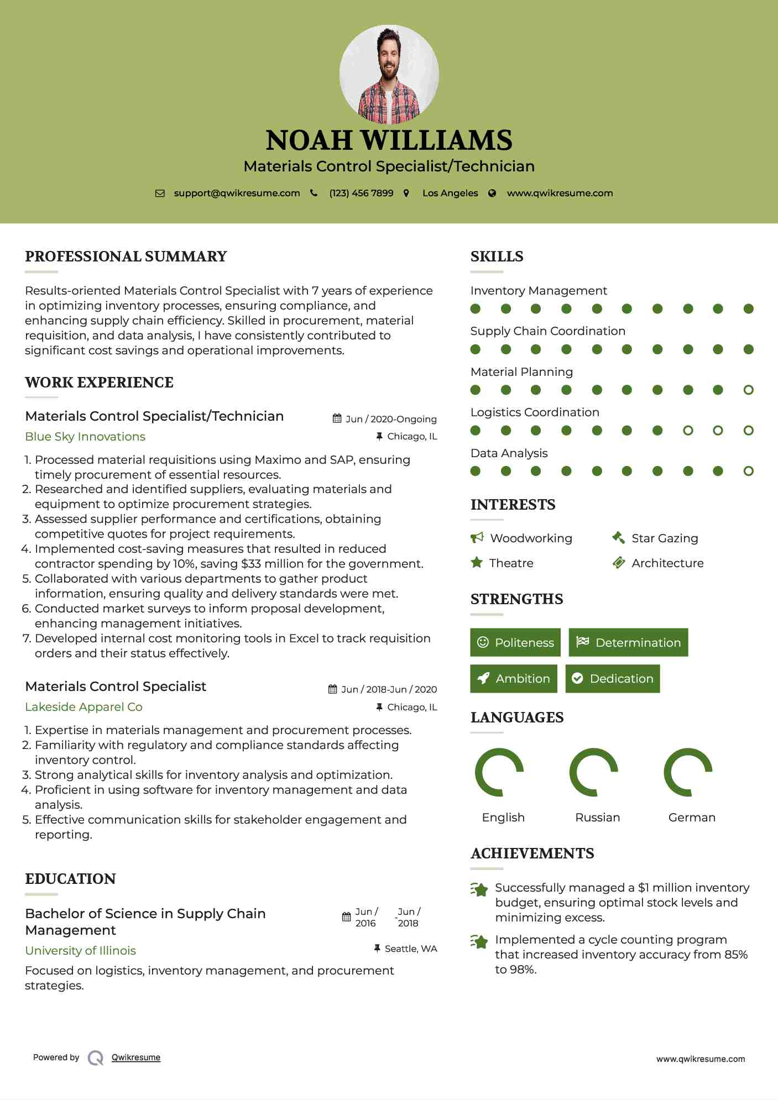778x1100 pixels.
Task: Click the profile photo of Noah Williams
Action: coord(389,74)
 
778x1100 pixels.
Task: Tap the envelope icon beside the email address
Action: coord(160,193)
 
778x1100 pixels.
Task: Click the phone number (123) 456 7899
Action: coord(361,193)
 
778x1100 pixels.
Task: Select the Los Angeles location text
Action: coord(450,193)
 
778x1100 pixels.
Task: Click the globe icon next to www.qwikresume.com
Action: coord(492,193)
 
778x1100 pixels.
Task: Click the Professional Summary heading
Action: coord(126,256)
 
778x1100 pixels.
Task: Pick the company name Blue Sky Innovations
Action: coord(85,437)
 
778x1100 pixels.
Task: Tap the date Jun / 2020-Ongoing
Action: coord(390,419)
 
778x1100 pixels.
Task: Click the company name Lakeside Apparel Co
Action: coord(83,707)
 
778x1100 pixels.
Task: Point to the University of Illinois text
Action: coord(80,951)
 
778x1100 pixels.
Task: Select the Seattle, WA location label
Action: coord(410,949)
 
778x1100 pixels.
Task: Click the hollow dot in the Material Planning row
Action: coord(748,390)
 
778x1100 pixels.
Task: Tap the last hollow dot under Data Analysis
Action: coord(748,472)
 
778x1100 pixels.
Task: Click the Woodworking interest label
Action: coord(531,538)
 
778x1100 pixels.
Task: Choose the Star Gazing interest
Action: coord(664,538)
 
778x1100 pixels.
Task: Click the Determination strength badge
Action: coord(628,642)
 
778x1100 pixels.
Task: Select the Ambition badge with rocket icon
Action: coord(514,679)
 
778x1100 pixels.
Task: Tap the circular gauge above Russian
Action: coord(594,772)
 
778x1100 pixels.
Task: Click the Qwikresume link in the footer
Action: coord(136,1057)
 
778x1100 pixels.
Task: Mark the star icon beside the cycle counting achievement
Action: coord(479,941)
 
